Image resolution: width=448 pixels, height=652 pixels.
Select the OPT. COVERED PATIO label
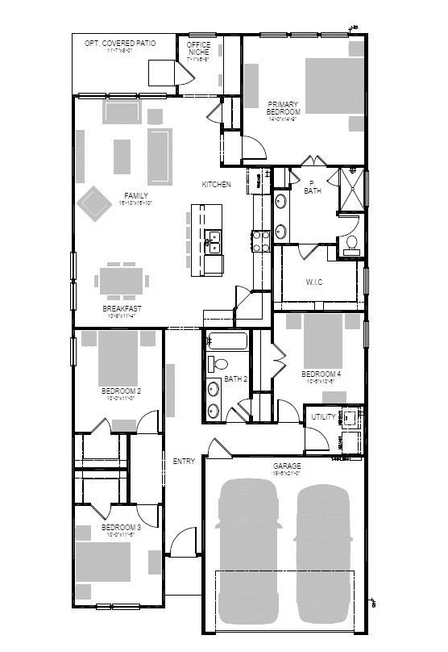point(120,43)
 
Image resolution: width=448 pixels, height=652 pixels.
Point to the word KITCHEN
point(216,185)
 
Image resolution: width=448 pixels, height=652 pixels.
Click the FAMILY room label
point(136,195)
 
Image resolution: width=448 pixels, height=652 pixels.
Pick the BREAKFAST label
point(122,308)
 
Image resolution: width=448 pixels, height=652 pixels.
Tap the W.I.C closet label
point(314,282)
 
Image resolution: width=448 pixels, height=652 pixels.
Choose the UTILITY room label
point(323,417)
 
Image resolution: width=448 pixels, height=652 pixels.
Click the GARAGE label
point(287,466)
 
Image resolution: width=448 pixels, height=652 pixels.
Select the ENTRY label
point(184,462)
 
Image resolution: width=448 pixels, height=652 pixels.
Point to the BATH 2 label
point(235,378)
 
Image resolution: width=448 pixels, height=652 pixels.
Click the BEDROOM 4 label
point(321,374)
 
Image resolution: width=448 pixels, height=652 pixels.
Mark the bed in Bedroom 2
point(119,359)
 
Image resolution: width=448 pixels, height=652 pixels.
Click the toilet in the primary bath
point(351,245)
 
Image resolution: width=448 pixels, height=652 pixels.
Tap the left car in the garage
point(249,549)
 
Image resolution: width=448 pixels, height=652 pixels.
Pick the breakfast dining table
point(121,281)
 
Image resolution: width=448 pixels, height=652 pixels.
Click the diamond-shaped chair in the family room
point(94,204)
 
